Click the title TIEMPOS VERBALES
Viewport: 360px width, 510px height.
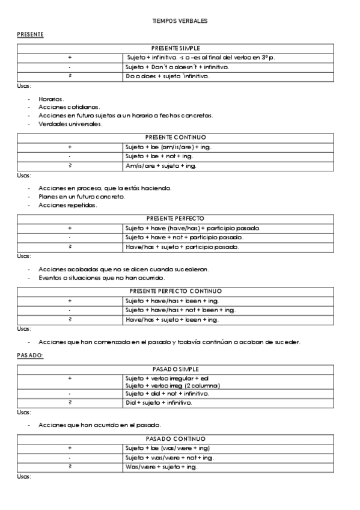[180, 21]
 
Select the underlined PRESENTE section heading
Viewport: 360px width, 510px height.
[30, 35]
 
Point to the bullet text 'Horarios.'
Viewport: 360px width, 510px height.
[51, 99]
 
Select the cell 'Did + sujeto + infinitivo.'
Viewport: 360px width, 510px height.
[159, 402]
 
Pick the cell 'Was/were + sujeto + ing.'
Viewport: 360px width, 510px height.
[160, 467]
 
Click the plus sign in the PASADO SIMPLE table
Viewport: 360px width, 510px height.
[70, 378]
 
